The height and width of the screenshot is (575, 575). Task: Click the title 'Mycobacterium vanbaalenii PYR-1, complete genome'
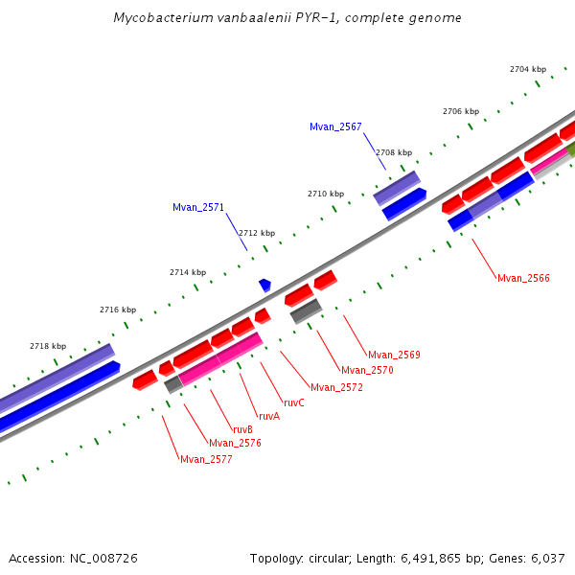(287, 18)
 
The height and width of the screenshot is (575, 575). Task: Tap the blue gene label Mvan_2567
(335, 127)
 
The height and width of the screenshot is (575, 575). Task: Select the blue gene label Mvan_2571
(198, 207)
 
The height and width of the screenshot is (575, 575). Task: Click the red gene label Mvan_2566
(523, 278)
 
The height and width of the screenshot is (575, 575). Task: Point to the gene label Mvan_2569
(394, 355)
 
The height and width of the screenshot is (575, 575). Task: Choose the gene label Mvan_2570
(367, 370)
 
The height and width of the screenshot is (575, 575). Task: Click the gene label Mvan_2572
(336, 387)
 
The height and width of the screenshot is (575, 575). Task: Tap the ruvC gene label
(293, 402)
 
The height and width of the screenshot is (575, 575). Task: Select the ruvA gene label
(268, 416)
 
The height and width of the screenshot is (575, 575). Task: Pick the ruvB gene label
(242, 429)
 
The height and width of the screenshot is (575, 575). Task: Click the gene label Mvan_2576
(235, 443)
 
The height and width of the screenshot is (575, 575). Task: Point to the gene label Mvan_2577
(206, 459)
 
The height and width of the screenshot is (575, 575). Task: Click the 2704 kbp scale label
(527, 69)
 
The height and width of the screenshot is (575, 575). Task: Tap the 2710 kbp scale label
(325, 194)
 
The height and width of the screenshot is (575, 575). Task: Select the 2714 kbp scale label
(188, 272)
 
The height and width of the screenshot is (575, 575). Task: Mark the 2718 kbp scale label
(48, 346)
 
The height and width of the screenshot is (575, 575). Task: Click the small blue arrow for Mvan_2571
(264, 285)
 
